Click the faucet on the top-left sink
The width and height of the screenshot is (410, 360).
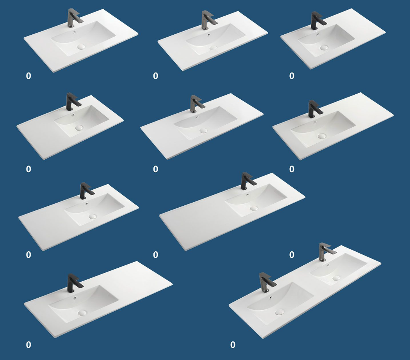(73, 18)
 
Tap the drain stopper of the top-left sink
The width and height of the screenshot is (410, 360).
(81, 47)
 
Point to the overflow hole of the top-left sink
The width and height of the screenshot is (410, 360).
(75, 32)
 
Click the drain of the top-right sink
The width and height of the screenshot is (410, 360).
(324, 48)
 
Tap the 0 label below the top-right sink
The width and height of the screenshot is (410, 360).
(292, 76)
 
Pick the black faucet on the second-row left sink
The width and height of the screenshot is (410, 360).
(72, 101)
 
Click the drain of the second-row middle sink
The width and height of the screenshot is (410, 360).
(203, 131)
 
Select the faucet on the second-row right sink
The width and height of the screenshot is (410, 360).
(314, 109)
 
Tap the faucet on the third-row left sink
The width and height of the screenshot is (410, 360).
(86, 191)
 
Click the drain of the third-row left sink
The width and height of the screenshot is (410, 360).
(93, 216)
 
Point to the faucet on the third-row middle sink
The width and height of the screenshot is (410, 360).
(246, 181)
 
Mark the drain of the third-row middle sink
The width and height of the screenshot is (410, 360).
(254, 208)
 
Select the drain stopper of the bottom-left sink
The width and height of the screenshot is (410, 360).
(82, 312)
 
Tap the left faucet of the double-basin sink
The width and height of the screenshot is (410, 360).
(266, 282)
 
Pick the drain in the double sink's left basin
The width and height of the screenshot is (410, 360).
(280, 311)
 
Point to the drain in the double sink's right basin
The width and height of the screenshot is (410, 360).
(336, 278)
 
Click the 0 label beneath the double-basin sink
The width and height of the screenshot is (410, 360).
(233, 345)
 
